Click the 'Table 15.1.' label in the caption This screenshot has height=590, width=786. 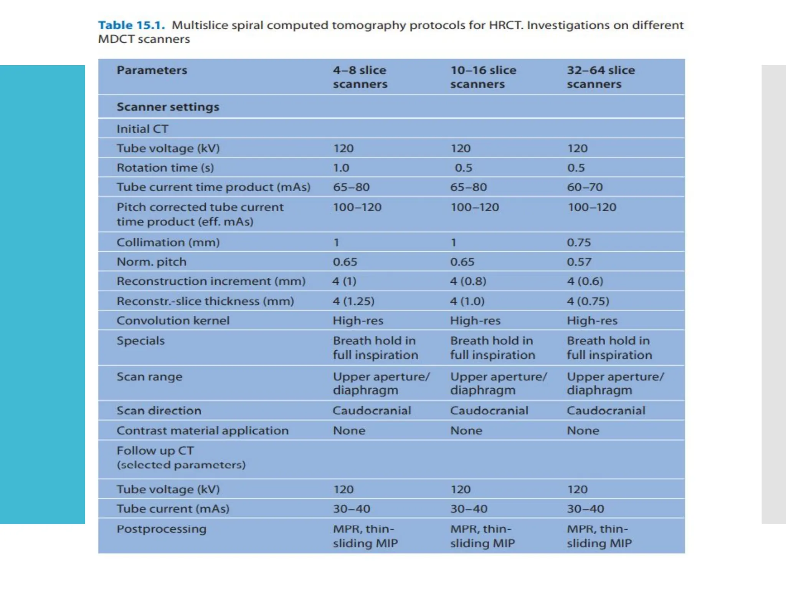point(131,25)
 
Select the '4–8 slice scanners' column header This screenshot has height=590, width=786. point(360,77)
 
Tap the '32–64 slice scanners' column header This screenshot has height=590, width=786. point(601,77)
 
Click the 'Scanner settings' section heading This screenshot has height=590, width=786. point(168,107)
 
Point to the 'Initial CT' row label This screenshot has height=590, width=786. point(142,129)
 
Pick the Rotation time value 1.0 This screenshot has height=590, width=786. point(341,168)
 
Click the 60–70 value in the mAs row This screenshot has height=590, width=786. point(585,187)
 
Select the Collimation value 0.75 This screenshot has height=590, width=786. point(579,242)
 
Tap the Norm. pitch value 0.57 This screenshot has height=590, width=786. point(579,262)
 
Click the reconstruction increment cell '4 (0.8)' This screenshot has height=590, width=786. point(468,281)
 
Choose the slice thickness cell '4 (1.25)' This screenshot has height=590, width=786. point(353,301)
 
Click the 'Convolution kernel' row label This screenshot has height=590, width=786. point(173,320)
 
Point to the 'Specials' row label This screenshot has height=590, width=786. point(140,341)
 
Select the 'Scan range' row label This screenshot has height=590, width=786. point(149,377)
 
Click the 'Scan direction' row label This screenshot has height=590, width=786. point(159,411)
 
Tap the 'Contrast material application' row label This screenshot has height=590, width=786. point(203,431)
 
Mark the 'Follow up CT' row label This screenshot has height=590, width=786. point(155,451)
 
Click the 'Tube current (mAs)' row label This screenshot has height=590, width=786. point(173,509)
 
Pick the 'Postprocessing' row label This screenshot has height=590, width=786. point(162,529)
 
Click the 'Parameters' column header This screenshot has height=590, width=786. point(152,70)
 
